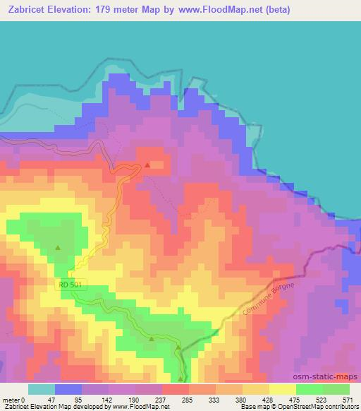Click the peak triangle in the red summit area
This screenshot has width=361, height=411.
147,165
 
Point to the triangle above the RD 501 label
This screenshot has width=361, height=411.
58,247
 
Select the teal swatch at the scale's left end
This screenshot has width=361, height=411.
42,389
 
